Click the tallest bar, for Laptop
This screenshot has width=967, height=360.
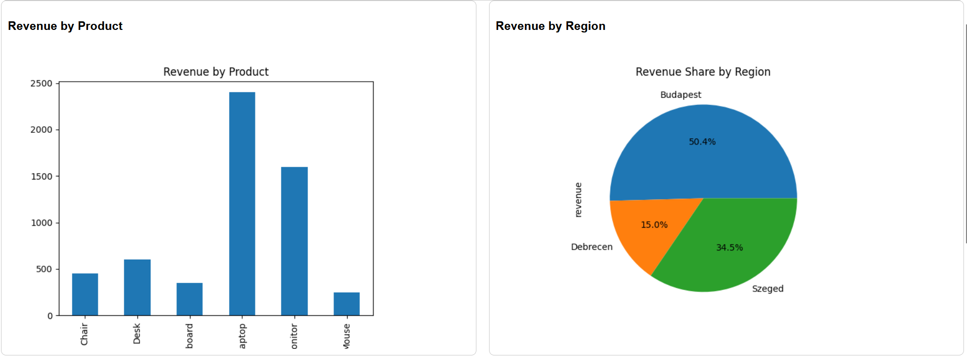[x=242, y=203]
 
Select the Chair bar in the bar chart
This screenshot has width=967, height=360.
[x=85, y=294]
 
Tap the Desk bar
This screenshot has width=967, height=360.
[x=137, y=287]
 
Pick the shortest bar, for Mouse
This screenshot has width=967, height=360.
[x=346, y=304]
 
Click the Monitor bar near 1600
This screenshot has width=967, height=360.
[x=294, y=241]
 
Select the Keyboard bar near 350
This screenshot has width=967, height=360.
[x=189, y=299]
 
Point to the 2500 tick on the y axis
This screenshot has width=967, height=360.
[x=41, y=84]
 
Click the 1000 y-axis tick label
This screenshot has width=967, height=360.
[x=41, y=223]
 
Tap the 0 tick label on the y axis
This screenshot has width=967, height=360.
[x=50, y=316]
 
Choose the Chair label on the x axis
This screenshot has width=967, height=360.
[x=84, y=335]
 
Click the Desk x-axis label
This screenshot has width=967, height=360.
[x=137, y=335]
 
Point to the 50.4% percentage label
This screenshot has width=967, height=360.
[x=702, y=142]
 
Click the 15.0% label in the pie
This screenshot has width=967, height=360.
[x=654, y=225]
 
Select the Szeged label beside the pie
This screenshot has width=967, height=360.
[x=767, y=289]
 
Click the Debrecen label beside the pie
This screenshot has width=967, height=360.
[x=591, y=247]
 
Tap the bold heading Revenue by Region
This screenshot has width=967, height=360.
[x=550, y=26]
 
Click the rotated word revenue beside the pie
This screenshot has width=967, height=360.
[x=578, y=200]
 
